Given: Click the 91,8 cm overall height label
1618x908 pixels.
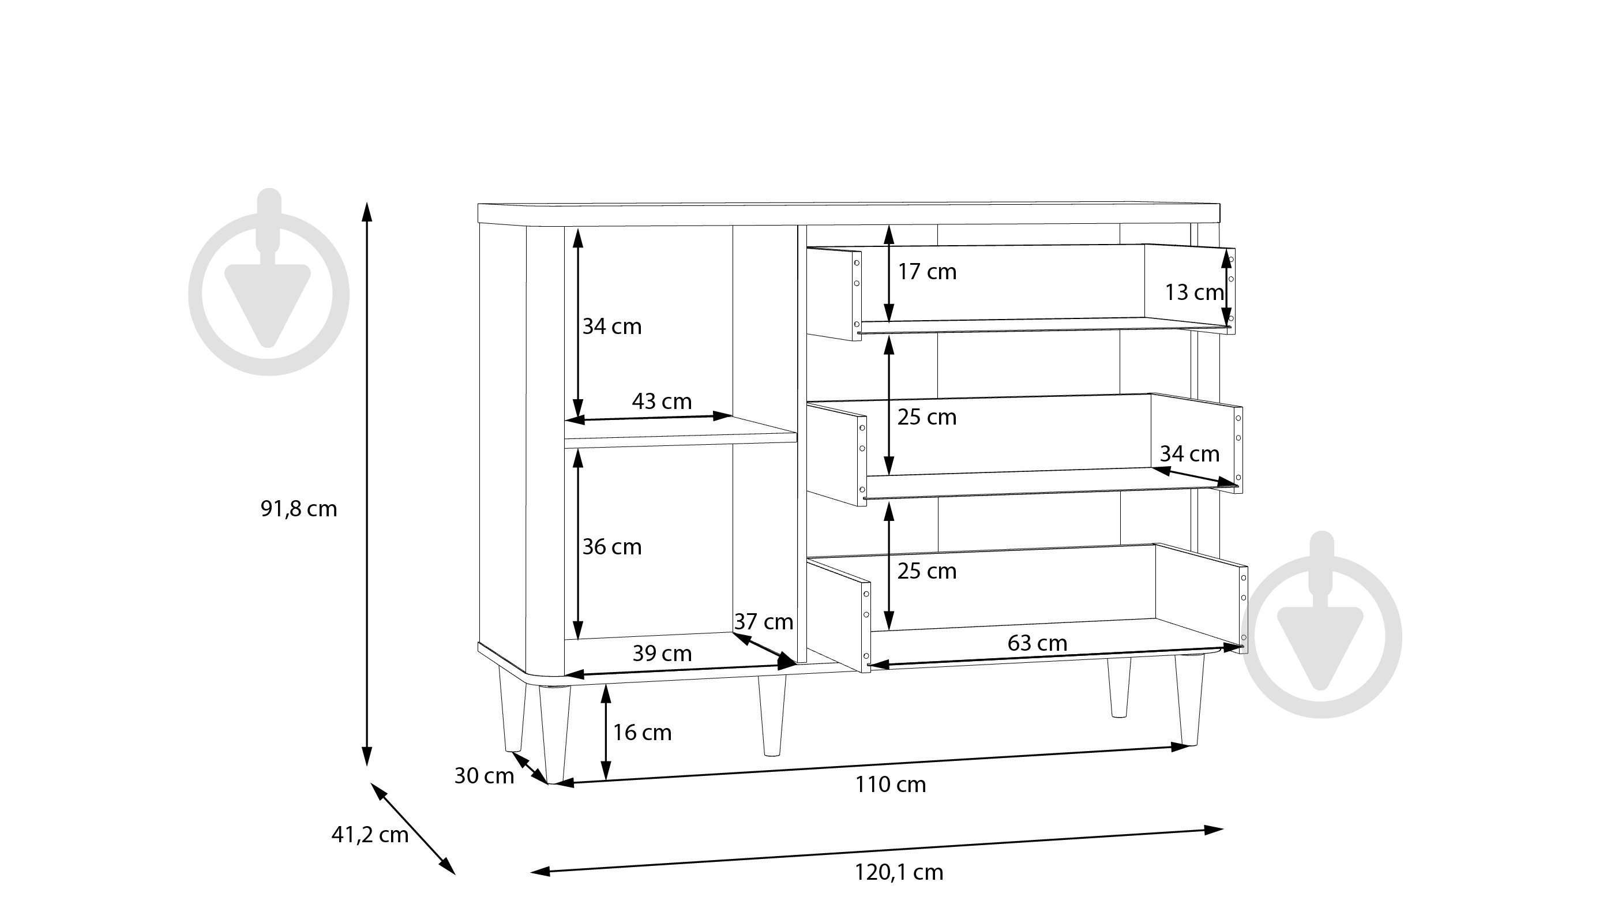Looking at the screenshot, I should click(x=299, y=508).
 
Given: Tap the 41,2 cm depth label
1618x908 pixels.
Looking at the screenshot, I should click(x=370, y=835).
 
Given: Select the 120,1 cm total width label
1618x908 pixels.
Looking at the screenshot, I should click(x=899, y=872).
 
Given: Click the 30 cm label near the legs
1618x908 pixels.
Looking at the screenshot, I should click(x=485, y=776).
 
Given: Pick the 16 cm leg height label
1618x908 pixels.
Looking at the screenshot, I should click(x=642, y=733).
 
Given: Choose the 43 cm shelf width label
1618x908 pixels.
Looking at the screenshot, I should click(x=662, y=401).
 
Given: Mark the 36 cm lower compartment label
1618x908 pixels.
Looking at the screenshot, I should click(x=612, y=547).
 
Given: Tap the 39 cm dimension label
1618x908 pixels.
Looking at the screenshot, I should click(x=662, y=654).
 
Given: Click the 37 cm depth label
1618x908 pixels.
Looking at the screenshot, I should click(x=764, y=622).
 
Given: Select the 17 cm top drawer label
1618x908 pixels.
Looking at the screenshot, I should click(x=927, y=272).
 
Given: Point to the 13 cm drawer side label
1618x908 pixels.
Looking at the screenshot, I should click(x=1194, y=292).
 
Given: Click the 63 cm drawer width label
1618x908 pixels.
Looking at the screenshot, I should click(x=1038, y=643).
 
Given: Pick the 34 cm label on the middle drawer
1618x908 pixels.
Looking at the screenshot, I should click(x=1189, y=453).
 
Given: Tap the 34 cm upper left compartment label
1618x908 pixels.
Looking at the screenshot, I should click(x=612, y=327).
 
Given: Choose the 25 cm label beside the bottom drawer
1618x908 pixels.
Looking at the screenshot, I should click(x=927, y=571).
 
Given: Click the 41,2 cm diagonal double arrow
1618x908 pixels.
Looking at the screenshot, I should click(x=412, y=829).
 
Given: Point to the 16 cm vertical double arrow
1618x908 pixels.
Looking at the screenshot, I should click(x=606, y=733).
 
